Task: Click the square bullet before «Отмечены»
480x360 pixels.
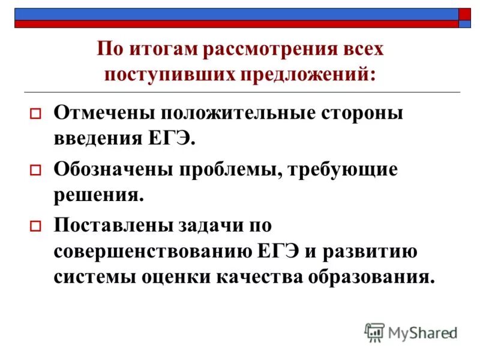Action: (x=35, y=113)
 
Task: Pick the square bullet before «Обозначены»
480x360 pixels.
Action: (x=35, y=171)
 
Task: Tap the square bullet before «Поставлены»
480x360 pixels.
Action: (x=35, y=227)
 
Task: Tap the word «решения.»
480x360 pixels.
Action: (x=99, y=195)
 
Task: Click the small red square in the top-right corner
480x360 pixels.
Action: (x=465, y=14)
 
